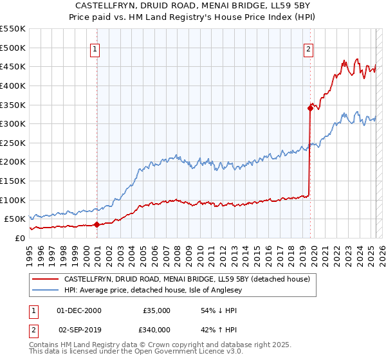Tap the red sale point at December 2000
(x=96, y=224)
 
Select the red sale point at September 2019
(x=310, y=109)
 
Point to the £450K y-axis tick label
(x=13, y=66)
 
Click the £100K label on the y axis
(x=13, y=200)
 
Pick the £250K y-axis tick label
(x=13, y=143)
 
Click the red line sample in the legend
(x=46, y=279)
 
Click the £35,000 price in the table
(x=156, y=310)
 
